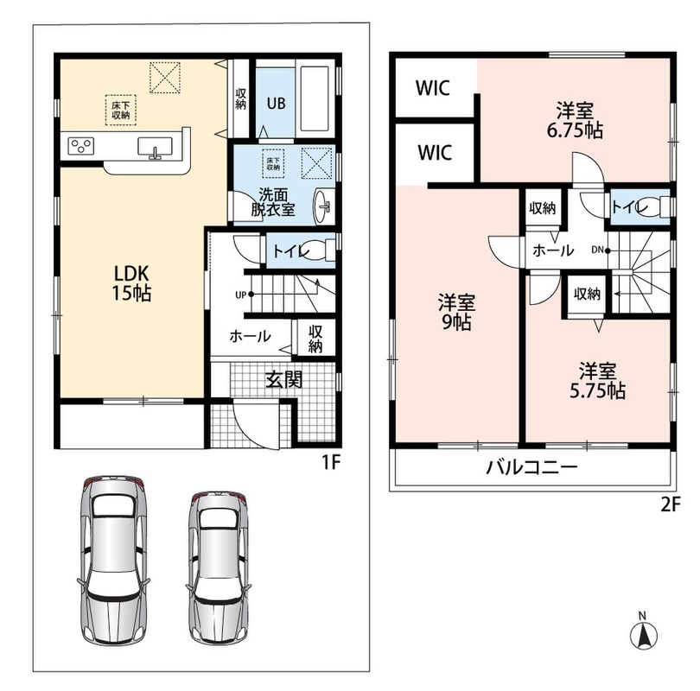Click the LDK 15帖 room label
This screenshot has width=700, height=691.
pyautogui.click(x=131, y=282)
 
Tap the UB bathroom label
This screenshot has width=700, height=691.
pyautogui.click(x=276, y=104)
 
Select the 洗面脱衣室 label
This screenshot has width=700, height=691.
pyautogui.click(x=273, y=202)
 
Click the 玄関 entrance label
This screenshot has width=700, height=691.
pyautogui.click(x=284, y=379)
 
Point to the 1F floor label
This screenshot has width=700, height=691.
pyautogui.click(x=331, y=462)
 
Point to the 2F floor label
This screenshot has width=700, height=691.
pyautogui.click(x=670, y=504)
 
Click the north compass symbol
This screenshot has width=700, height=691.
pyautogui.click(x=643, y=632)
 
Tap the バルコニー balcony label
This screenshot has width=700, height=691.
pyautogui.click(x=531, y=467)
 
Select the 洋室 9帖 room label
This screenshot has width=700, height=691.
pyautogui.click(x=456, y=312)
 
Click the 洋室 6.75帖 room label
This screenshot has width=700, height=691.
pyautogui.click(x=575, y=120)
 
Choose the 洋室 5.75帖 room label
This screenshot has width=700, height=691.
pyautogui.click(x=597, y=381)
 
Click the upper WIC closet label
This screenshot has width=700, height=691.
pyautogui.click(x=433, y=88)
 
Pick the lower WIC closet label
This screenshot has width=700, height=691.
pyautogui.click(x=435, y=152)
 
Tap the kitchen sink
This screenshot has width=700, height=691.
pyautogui.click(x=155, y=146)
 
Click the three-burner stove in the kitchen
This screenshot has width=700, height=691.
pyautogui.click(x=81, y=146)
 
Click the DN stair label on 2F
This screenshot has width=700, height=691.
pyautogui.click(x=597, y=250)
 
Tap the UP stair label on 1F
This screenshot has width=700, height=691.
pyautogui.click(x=240, y=295)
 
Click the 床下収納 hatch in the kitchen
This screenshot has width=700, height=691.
pyautogui.click(x=120, y=110)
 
